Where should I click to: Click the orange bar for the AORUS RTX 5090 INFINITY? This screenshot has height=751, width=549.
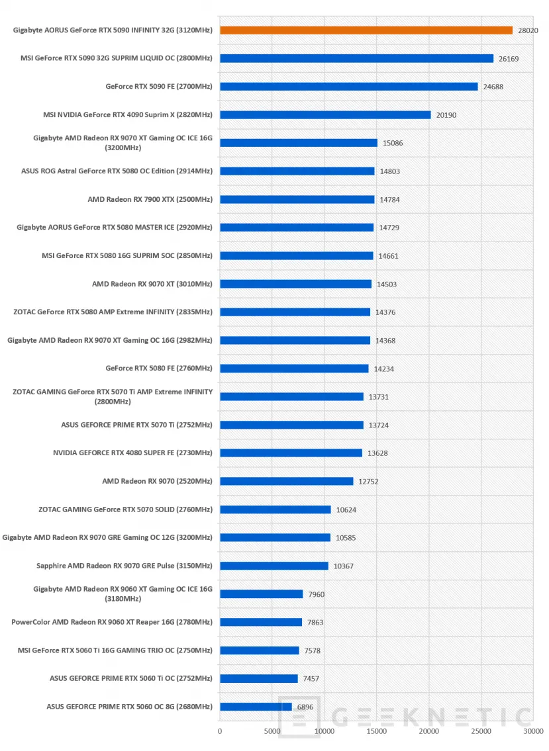tap(366, 30)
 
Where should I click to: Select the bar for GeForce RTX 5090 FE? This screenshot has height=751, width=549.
tap(349, 87)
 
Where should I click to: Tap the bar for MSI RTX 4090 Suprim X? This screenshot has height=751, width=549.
tap(326, 115)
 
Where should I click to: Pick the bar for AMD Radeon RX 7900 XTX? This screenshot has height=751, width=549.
tap(297, 199)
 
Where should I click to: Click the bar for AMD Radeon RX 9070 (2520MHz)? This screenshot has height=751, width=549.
tap(287, 481)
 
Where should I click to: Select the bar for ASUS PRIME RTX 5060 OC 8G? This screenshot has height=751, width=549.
tap(256, 707)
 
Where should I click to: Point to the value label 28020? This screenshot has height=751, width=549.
tap(528, 30)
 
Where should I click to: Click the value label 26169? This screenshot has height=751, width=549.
tap(509, 59)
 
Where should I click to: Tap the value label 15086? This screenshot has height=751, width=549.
tap(393, 143)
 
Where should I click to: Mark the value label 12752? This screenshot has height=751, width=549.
tap(368, 482)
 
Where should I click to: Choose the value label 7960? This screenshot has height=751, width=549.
tap(317, 594)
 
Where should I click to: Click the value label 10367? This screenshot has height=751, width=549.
tap(343, 566)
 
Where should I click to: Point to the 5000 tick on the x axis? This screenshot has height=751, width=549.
tap(272, 731)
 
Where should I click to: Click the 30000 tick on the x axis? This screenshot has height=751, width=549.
tap(533, 731)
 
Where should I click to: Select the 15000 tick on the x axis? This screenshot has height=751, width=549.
tap(376, 731)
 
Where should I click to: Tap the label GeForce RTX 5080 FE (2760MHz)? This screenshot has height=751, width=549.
tap(159, 369)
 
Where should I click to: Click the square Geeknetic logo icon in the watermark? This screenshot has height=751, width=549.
tap(299, 717)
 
